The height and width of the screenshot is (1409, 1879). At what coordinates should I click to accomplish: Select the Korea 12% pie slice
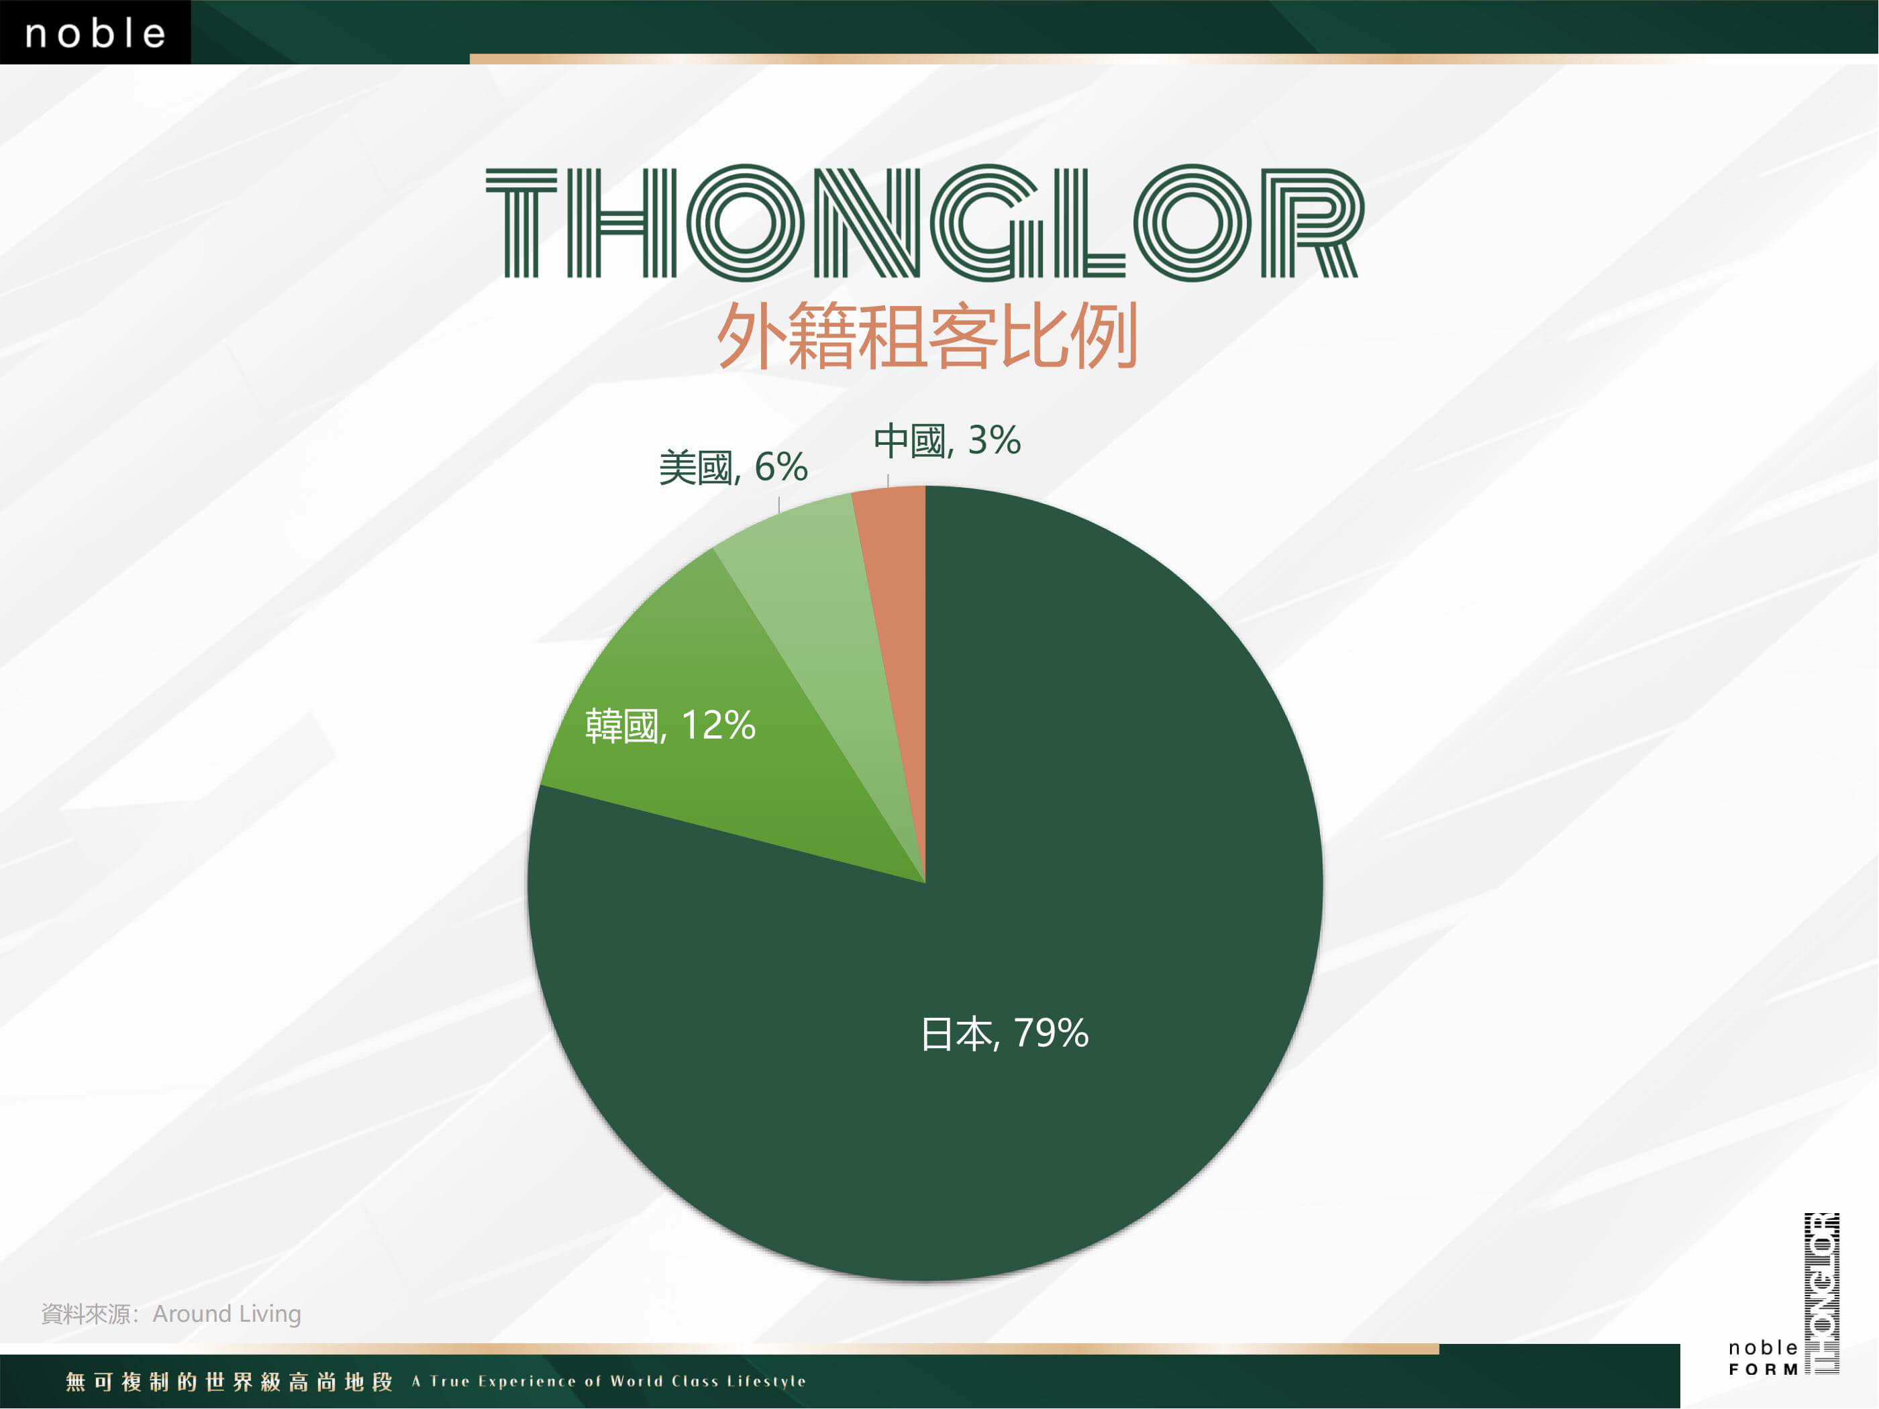(680, 764)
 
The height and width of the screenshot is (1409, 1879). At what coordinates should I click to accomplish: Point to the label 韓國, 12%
(670, 725)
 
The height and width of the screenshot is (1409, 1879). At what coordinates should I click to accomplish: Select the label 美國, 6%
(733, 467)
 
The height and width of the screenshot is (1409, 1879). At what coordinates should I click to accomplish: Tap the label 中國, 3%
(947, 441)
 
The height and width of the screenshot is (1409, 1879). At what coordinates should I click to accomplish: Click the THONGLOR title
(925, 223)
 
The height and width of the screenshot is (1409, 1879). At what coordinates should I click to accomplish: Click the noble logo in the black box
(95, 32)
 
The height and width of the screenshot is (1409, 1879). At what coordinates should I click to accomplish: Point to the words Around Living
(227, 1314)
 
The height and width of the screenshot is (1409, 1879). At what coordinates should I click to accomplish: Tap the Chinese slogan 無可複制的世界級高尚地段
(230, 1381)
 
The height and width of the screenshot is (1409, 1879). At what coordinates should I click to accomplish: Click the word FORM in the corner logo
(1763, 1370)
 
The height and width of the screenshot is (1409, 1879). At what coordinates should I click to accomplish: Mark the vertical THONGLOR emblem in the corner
(1821, 1294)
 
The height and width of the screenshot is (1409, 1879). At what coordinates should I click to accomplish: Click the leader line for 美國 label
(779, 502)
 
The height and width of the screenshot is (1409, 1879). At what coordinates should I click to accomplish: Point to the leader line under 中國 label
(888, 480)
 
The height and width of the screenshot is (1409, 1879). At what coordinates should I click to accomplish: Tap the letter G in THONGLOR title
(984, 223)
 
